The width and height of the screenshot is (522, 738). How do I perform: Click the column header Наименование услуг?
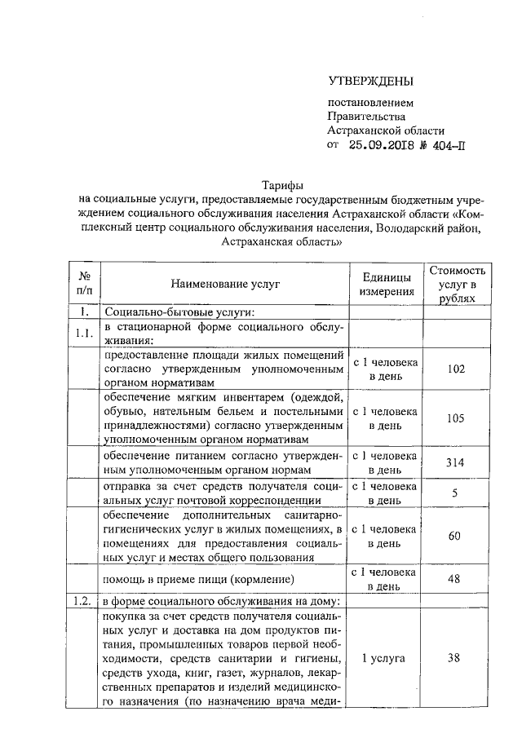click(x=224, y=284)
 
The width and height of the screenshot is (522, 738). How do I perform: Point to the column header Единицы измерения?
click(x=387, y=284)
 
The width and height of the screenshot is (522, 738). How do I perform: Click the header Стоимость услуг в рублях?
click(x=457, y=284)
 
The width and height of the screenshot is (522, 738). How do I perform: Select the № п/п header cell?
click(x=84, y=284)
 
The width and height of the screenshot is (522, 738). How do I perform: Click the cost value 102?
click(x=457, y=369)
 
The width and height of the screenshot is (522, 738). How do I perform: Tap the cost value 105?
click(x=457, y=418)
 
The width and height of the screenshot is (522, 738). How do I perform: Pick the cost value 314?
click(x=457, y=462)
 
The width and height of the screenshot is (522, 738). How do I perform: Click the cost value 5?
click(x=457, y=493)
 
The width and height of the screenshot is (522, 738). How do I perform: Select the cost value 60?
click(x=457, y=536)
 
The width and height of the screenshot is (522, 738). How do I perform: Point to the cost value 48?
click(x=457, y=579)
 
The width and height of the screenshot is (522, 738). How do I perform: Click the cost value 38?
click(x=457, y=658)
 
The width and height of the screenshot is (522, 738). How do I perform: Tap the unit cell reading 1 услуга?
click(x=383, y=658)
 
